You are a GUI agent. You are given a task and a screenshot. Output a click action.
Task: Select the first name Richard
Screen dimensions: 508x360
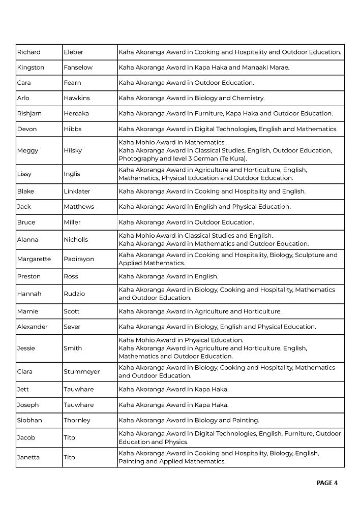pos(28,52)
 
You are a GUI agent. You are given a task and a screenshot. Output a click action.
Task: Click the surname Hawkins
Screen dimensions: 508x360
pos(77,98)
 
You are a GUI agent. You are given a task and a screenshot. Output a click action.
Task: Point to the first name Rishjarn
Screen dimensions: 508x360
pos(30,113)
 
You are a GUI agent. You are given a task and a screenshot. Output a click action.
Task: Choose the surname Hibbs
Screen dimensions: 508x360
pos(73,129)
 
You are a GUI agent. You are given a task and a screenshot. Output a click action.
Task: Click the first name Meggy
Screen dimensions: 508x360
pos(27,150)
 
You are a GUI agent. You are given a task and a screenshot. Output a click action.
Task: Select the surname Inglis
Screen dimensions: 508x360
pos(72,174)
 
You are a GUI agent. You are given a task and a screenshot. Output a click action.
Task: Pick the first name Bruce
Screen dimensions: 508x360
pos(26,222)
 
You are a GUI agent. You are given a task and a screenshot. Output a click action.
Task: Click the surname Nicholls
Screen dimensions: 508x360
pos(76,240)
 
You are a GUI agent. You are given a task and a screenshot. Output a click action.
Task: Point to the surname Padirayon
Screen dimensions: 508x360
pos(79,259)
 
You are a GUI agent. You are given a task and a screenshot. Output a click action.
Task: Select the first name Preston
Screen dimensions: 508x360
pos(28,276)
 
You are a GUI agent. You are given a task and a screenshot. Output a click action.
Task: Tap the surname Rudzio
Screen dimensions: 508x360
pos(74,294)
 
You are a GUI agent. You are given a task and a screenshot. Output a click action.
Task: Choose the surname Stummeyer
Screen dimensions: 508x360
pos(81,371)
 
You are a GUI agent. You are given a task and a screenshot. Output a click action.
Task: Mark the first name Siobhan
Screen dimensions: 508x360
pos(29,420)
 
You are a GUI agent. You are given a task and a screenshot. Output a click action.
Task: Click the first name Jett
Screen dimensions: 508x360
pos(23,389)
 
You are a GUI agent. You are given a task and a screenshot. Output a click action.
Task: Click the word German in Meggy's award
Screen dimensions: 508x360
pos(206,158)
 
